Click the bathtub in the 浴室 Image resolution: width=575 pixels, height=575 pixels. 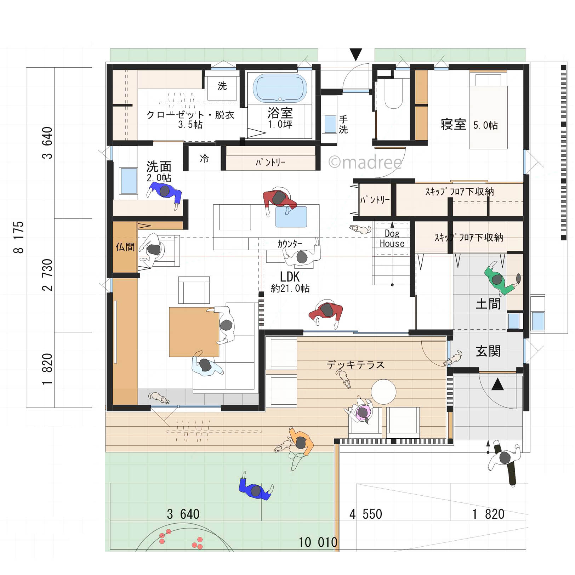280,88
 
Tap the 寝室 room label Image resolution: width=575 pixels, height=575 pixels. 453,125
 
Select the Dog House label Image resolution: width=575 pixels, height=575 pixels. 392,238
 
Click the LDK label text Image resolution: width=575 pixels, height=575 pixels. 290,277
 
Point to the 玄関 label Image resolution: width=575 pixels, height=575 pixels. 488,351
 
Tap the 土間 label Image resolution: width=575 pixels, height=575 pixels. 488,304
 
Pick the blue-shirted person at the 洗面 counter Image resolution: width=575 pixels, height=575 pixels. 165,194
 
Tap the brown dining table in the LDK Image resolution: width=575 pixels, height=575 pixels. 194,332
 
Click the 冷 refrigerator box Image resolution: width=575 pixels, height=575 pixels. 204,158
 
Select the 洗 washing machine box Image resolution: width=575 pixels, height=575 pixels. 222,86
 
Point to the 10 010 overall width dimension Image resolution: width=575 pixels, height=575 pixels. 318,542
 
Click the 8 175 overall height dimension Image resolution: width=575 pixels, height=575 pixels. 18,237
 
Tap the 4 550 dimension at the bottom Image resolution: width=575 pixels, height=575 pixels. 366,514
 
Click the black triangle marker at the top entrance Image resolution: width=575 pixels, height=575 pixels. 356,54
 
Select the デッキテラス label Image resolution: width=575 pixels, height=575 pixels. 355,365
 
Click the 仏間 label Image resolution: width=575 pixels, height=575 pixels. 125,247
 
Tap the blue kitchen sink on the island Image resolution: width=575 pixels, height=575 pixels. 291,216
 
